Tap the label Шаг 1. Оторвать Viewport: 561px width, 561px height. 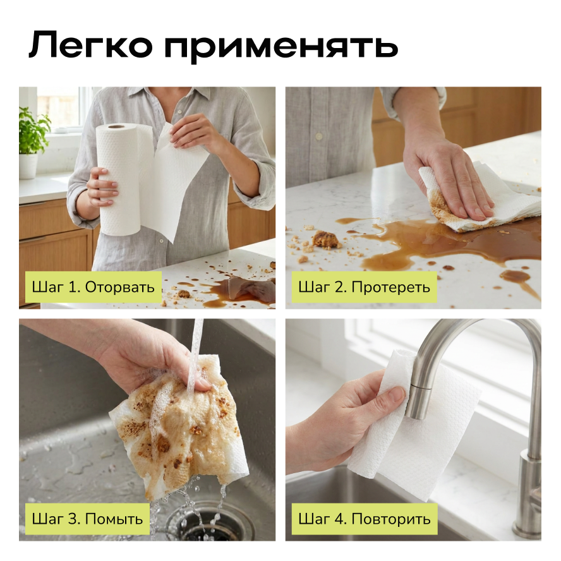tap(93, 287)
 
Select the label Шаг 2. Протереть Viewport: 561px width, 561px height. tap(365, 287)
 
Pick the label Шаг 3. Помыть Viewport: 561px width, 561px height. tap(87, 519)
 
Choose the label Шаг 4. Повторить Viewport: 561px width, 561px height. tap(365, 519)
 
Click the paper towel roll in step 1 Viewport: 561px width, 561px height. tap(120, 179)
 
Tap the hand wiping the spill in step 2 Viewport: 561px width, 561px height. tap(449, 179)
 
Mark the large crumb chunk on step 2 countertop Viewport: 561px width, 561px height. tap(325, 239)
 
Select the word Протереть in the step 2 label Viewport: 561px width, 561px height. tap(390, 287)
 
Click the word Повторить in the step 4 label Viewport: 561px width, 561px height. tap(391, 519)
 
